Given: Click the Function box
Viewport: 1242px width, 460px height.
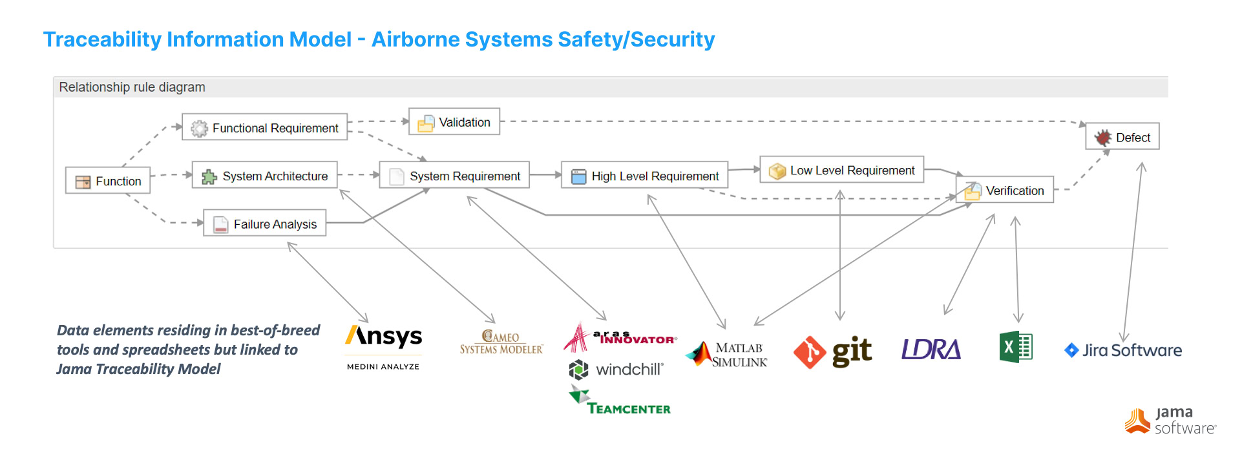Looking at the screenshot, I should tap(108, 181).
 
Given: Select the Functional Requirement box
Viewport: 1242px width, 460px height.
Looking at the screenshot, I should tap(264, 127).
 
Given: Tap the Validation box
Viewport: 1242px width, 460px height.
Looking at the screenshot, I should tap(454, 122).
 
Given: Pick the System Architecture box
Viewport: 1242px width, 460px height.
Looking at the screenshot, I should tap(264, 176).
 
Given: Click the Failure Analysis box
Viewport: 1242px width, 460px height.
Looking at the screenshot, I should tap(264, 224).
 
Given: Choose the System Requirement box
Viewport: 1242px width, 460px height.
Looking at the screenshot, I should tap(454, 176).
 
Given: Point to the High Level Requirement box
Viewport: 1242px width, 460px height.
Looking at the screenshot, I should tap(644, 176).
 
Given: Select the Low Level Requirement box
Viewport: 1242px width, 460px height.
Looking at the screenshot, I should tap(841, 170).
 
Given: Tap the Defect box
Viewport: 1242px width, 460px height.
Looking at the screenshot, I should tap(1122, 137).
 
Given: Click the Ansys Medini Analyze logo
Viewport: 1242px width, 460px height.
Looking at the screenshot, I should tap(383, 346).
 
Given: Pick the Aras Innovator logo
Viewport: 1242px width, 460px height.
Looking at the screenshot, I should tap(620, 337).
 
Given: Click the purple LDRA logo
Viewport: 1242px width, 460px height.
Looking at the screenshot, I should tap(931, 350).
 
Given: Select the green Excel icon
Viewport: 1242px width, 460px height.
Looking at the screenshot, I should tap(1016, 347).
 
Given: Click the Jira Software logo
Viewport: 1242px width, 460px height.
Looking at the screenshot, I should tap(1123, 350).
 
